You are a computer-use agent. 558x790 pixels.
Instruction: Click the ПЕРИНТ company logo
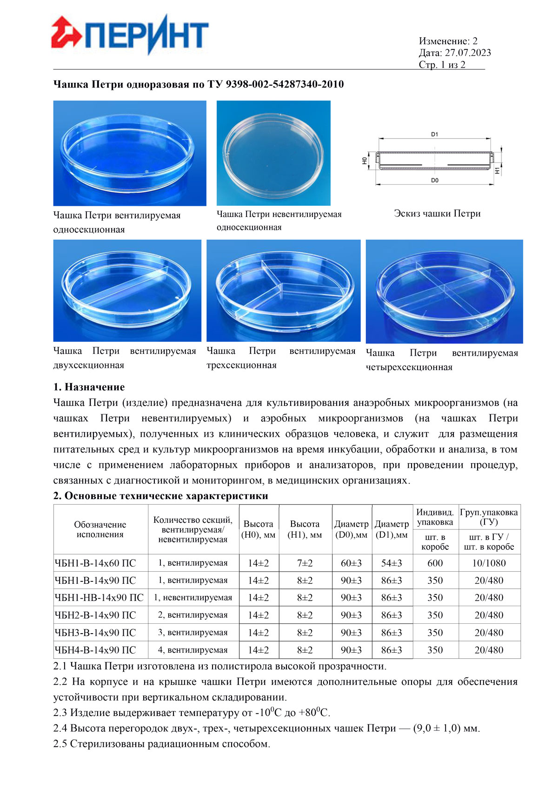click(x=130, y=34)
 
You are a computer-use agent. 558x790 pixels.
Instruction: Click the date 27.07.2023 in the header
click(x=467, y=53)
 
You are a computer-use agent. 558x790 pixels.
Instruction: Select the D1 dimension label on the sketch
click(x=434, y=135)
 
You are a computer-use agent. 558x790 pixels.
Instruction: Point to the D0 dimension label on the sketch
click(x=434, y=180)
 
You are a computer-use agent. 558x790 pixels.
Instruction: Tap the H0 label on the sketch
click(x=365, y=160)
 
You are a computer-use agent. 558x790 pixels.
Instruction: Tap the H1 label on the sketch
click(x=497, y=170)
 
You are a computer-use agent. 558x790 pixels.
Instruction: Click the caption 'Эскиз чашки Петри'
click(x=437, y=214)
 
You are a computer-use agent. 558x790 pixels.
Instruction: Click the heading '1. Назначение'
click(x=89, y=387)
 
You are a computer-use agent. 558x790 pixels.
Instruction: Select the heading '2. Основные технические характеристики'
click(x=160, y=496)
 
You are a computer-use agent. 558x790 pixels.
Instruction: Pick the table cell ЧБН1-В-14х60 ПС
click(x=95, y=563)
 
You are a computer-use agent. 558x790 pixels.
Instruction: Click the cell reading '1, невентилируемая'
click(x=193, y=598)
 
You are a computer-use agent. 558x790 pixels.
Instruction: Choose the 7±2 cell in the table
click(x=305, y=563)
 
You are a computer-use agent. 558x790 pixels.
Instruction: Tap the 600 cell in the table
click(x=435, y=563)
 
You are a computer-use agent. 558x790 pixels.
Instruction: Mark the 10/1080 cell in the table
click(x=489, y=563)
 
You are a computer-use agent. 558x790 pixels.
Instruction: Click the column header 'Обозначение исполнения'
click(x=100, y=529)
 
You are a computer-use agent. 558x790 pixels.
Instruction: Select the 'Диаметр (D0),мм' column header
click(x=352, y=529)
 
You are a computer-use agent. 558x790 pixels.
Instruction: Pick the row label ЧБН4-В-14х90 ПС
click(x=95, y=650)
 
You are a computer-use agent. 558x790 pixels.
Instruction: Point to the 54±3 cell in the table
click(x=392, y=563)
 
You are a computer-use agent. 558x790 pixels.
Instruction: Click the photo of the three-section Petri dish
click(x=283, y=290)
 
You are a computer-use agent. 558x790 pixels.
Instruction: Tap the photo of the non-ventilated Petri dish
click(x=273, y=153)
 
